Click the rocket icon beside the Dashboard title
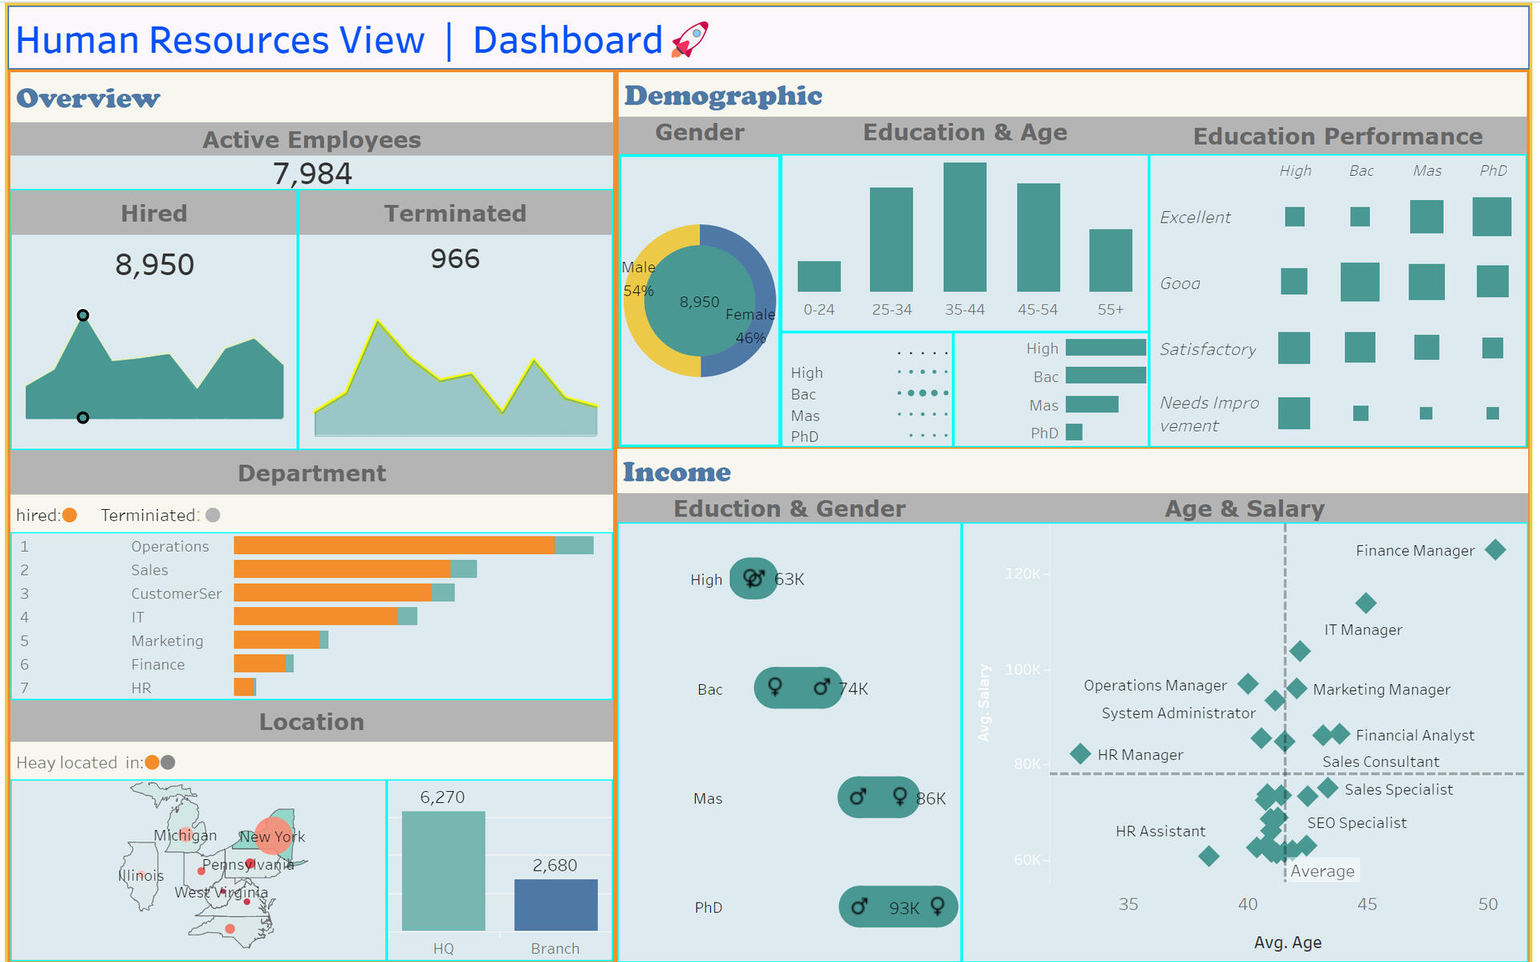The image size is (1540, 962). pyautogui.click(x=689, y=39)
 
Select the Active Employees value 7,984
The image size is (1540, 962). pyautogui.click(x=312, y=173)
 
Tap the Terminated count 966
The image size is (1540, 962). pyautogui.click(x=455, y=259)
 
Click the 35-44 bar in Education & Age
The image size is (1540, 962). pyautogui.click(x=965, y=227)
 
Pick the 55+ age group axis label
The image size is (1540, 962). pyautogui.click(x=1111, y=310)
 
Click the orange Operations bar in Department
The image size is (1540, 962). pyautogui.click(x=394, y=546)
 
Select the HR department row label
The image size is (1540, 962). pyautogui.click(x=141, y=688)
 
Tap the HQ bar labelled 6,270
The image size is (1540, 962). pyautogui.click(x=443, y=870)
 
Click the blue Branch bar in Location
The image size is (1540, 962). pyautogui.click(x=555, y=905)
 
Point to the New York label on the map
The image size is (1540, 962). pyautogui.click(x=273, y=837)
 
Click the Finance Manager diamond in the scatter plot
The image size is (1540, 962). pyautogui.click(x=1495, y=550)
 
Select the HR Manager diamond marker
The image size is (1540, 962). pyautogui.click(x=1080, y=754)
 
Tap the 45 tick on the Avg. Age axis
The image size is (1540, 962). pyautogui.click(x=1367, y=904)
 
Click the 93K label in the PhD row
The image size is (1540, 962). pyautogui.click(x=904, y=908)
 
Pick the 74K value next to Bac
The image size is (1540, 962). pyautogui.click(x=853, y=689)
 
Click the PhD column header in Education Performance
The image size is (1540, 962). pyautogui.click(x=1493, y=171)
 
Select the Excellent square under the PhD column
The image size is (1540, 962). pyautogui.click(x=1492, y=217)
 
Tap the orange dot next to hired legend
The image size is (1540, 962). pyautogui.click(x=70, y=516)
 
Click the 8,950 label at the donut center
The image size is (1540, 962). pyautogui.click(x=699, y=302)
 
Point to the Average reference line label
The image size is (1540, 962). pyautogui.click(x=1323, y=871)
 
